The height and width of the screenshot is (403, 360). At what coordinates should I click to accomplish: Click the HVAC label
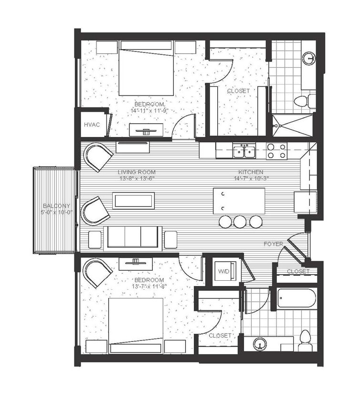92,125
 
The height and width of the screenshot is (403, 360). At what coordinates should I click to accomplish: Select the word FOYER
274,244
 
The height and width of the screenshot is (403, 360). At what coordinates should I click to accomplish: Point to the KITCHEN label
251,172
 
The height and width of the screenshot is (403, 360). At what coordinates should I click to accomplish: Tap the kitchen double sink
244,151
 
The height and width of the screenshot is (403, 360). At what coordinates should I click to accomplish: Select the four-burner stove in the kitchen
276,151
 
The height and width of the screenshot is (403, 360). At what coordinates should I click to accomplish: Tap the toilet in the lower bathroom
304,339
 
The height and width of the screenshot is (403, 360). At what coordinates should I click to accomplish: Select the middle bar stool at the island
240,221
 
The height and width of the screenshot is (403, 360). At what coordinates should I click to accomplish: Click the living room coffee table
134,201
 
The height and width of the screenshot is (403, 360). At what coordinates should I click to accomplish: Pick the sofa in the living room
133,238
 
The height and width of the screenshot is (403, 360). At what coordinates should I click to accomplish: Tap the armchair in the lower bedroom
98,272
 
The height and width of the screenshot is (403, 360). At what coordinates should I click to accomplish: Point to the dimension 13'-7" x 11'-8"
148,286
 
